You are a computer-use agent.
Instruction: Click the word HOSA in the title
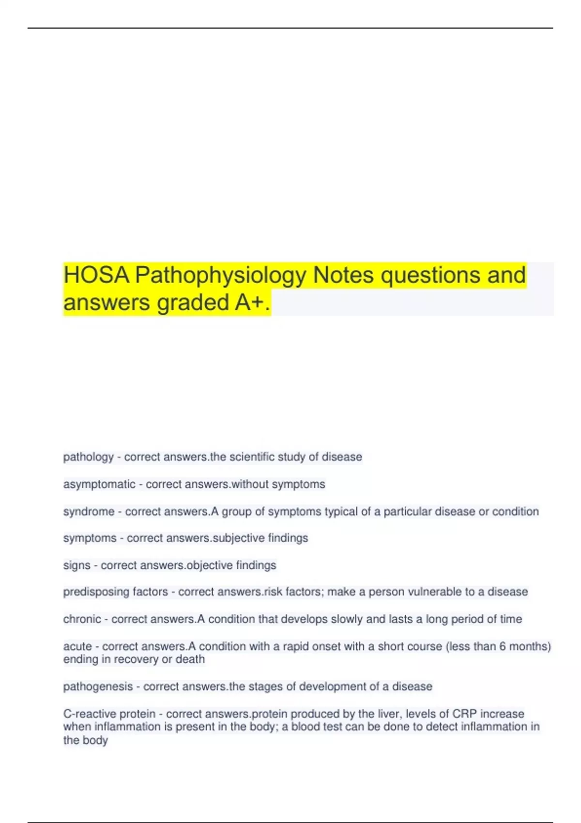tap(96, 275)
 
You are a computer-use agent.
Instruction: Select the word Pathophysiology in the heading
tap(220, 275)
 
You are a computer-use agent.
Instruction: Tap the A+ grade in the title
tap(249, 303)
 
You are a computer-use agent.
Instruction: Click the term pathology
tap(88, 457)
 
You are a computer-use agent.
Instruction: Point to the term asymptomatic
tap(99, 484)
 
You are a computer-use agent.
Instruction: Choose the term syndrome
tap(89, 512)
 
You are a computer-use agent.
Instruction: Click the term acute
tap(77, 647)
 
